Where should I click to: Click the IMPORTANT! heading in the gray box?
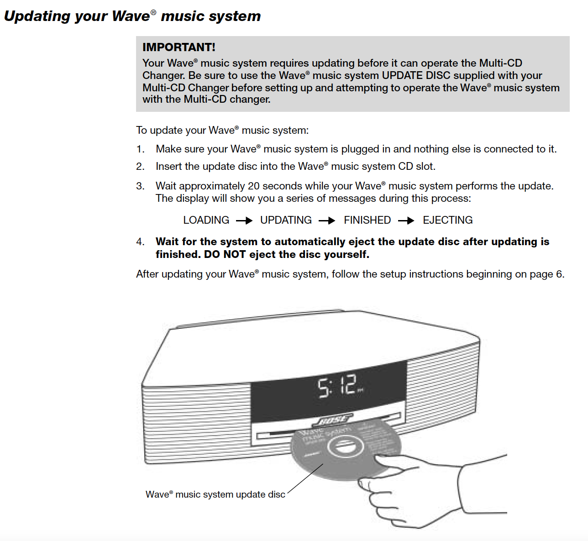[x=178, y=47]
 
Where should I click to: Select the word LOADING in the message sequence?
[x=206, y=220]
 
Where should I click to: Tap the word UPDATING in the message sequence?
[x=286, y=220]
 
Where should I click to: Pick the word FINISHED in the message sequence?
[x=367, y=220]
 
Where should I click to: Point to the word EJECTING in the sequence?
[x=447, y=220]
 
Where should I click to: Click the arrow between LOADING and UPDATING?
[x=244, y=221]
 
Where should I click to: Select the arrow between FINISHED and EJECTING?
[x=406, y=221]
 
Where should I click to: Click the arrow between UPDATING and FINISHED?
[x=327, y=221]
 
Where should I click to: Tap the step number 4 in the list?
[x=140, y=242]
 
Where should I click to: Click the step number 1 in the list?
[x=140, y=149]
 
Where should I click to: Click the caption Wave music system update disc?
[x=215, y=494]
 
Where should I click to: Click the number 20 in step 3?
[x=253, y=186]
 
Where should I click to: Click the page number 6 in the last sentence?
[x=559, y=274]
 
